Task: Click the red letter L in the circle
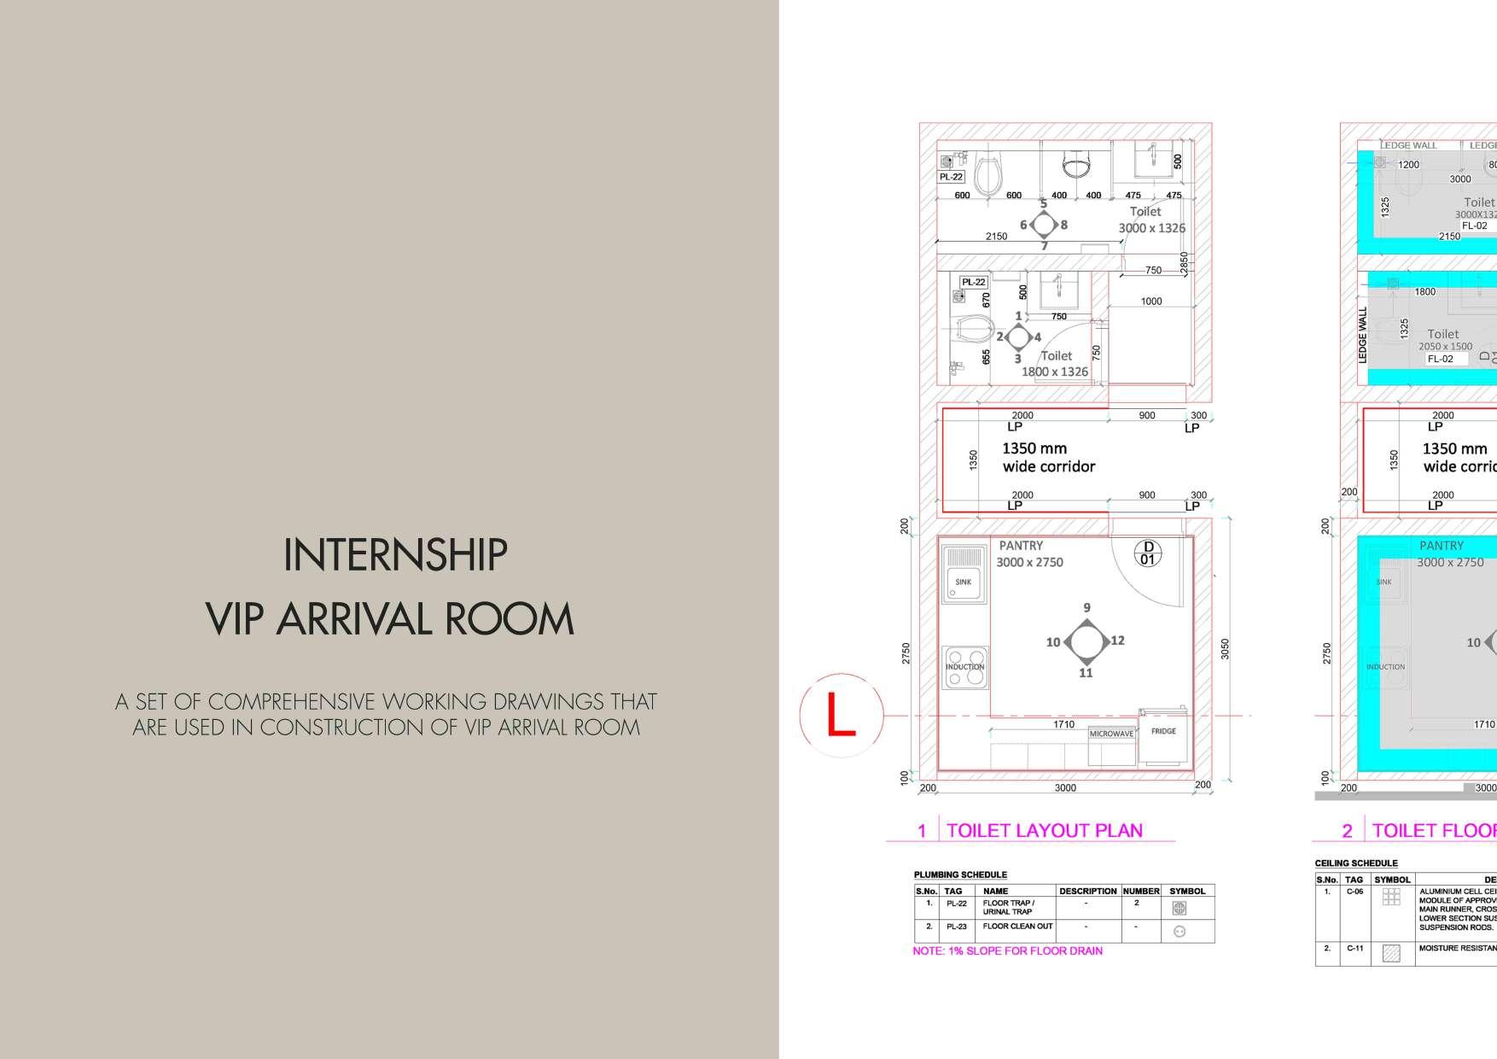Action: point(841,715)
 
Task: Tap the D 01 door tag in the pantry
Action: point(1148,553)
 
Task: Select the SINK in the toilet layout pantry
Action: point(964,582)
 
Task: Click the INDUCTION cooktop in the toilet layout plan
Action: point(964,667)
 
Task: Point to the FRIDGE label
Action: point(1163,731)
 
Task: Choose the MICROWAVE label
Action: point(1111,734)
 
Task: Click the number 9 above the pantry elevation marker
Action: point(1086,608)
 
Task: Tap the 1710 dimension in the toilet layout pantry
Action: point(1063,724)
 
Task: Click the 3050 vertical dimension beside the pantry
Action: point(1226,649)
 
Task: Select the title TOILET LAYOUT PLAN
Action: point(1044,830)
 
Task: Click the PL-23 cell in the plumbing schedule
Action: point(956,927)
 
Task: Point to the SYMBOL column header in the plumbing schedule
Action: point(1187,891)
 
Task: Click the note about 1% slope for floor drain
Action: point(1007,951)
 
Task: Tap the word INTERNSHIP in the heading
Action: point(395,555)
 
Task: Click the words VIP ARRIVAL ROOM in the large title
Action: point(390,619)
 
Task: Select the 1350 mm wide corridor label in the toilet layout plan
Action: point(1048,457)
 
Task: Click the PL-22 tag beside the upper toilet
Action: point(951,177)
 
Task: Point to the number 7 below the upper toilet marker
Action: point(1044,246)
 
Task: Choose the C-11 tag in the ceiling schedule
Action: point(1354,948)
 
